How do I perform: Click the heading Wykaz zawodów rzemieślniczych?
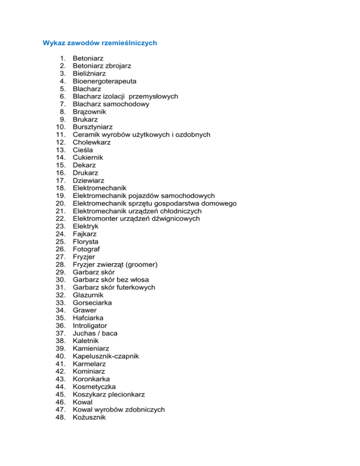pos(99,43)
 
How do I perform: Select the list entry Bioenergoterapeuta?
pos(101,81)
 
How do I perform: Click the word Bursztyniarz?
pos(93,127)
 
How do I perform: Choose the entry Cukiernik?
pos(88,158)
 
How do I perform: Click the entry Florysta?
pos(86,241)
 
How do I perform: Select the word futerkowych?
pos(135,287)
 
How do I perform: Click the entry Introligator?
pos(90,325)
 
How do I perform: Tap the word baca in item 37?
pos(109,333)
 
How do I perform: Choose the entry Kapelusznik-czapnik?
pos(105,356)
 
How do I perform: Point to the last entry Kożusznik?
pos(89,417)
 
